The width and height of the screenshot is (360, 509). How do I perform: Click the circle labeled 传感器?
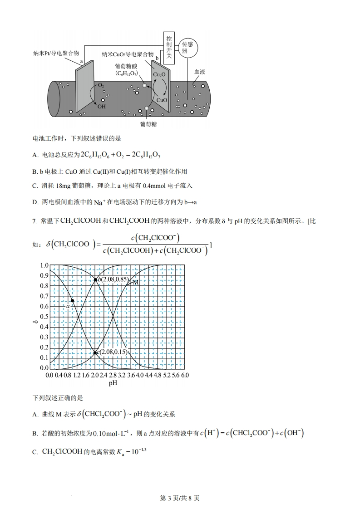tap(187, 48)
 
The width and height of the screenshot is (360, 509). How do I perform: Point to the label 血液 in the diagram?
tap(200, 72)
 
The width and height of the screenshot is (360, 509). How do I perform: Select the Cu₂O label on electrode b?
tap(159, 74)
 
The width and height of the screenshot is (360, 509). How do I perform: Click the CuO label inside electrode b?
tap(162, 100)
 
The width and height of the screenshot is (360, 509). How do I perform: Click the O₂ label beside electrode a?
tap(101, 85)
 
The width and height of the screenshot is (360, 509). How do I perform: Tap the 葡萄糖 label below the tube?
tap(148, 123)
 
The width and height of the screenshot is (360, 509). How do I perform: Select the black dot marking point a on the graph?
tap(72, 300)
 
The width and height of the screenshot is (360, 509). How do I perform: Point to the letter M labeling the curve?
tap(135, 282)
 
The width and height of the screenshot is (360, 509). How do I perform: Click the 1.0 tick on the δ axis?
tap(44, 265)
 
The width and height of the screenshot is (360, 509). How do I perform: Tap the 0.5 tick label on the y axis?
tap(44, 317)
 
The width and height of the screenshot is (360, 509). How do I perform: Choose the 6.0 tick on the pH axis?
tap(184, 375)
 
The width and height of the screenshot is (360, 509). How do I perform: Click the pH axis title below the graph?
tap(113, 383)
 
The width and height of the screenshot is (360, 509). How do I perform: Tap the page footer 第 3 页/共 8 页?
tap(180, 498)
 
